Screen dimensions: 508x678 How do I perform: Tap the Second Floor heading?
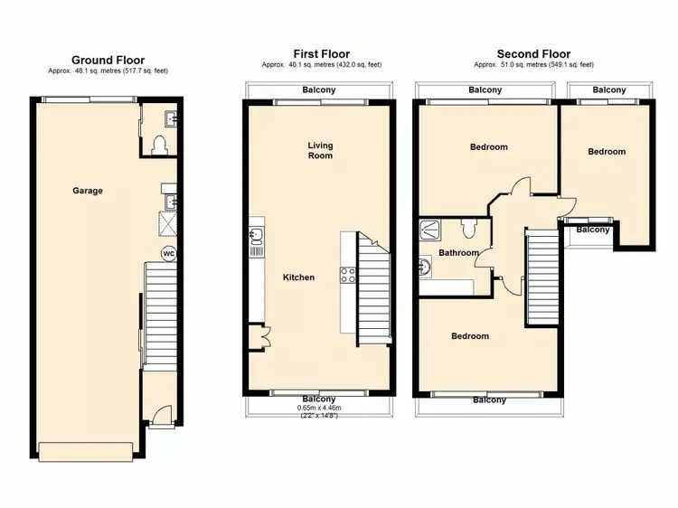pyautogui.click(x=533, y=54)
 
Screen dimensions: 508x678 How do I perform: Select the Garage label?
pyautogui.click(x=88, y=191)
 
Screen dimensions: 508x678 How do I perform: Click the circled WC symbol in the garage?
pyautogui.click(x=168, y=254)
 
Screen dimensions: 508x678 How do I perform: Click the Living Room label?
pyautogui.click(x=320, y=150)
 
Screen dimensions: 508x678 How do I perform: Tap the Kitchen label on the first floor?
pyautogui.click(x=298, y=278)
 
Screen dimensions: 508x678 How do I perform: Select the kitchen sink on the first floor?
pyautogui.click(x=255, y=237)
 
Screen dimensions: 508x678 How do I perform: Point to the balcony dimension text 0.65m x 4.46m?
pyautogui.click(x=318, y=408)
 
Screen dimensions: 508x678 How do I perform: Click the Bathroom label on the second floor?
pyautogui.click(x=458, y=253)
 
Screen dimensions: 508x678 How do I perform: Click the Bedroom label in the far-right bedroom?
pyautogui.click(x=607, y=152)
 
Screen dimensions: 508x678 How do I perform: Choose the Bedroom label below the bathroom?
pyautogui.click(x=470, y=336)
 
